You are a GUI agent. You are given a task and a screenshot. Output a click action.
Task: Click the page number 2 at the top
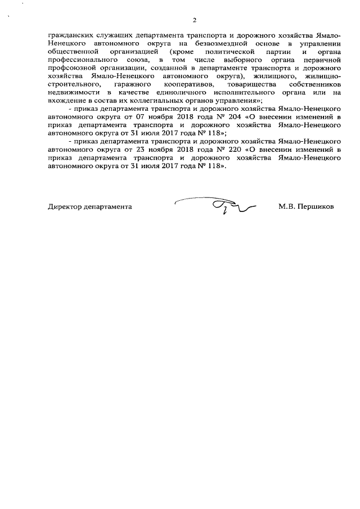[x=194, y=21]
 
